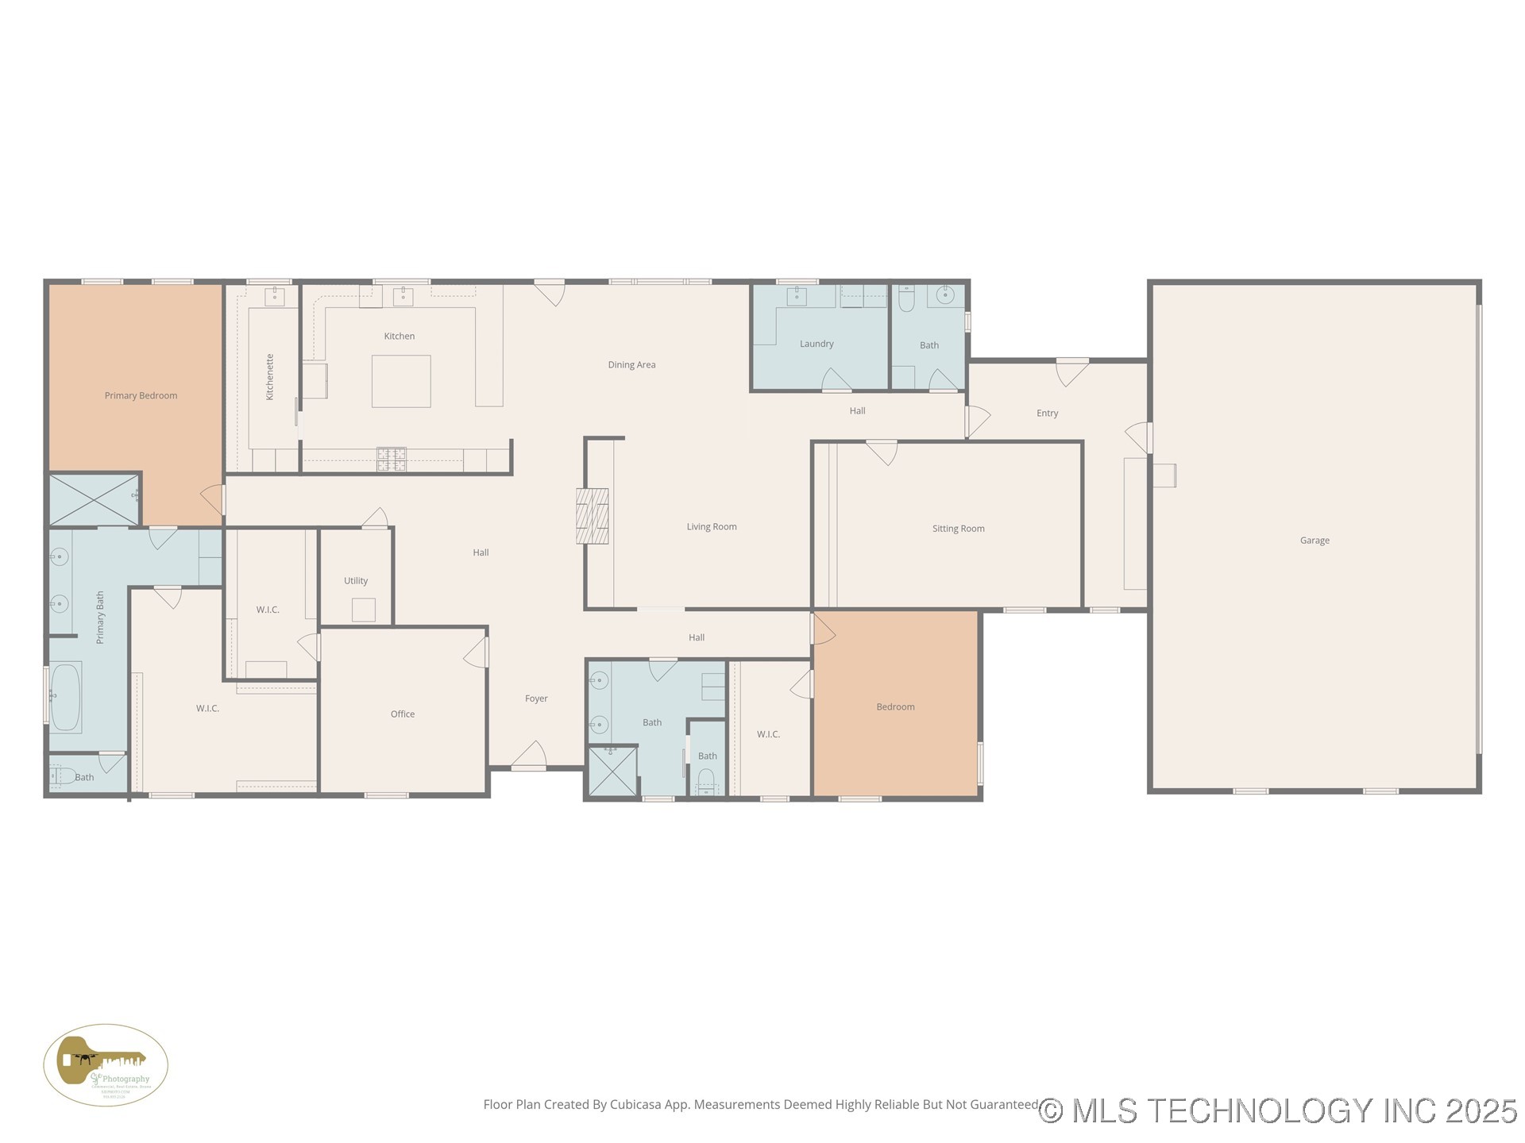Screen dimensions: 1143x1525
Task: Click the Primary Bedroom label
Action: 141,395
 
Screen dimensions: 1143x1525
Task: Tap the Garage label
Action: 1314,541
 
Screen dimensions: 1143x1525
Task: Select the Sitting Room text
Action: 958,529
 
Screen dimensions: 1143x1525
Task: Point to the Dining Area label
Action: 631,365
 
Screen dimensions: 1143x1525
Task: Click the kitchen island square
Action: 401,382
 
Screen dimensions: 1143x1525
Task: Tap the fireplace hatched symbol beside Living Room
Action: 592,516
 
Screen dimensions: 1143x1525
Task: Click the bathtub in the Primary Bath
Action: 65,697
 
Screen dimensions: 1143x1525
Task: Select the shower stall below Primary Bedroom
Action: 94,499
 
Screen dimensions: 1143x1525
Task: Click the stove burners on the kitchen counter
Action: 391,459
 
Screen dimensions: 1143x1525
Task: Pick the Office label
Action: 403,714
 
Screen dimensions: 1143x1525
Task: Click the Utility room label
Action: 356,581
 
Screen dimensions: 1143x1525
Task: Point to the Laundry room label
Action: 817,344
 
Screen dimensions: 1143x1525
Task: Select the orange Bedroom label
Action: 895,707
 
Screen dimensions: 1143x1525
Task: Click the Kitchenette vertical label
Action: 270,377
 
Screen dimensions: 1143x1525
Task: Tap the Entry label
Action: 1047,414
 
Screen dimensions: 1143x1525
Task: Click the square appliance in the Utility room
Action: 363,610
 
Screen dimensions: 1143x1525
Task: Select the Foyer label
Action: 536,699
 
